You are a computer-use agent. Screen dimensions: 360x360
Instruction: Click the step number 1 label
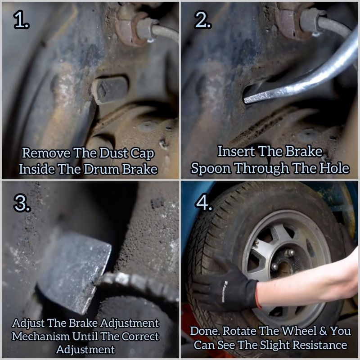(21, 20)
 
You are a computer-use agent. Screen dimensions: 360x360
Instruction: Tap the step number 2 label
(203, 20)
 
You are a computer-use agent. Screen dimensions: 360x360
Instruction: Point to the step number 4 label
(204, 202)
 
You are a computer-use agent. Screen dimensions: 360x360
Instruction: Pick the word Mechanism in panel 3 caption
(40, 336)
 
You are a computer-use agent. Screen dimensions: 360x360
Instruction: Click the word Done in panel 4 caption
(205, 331)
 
